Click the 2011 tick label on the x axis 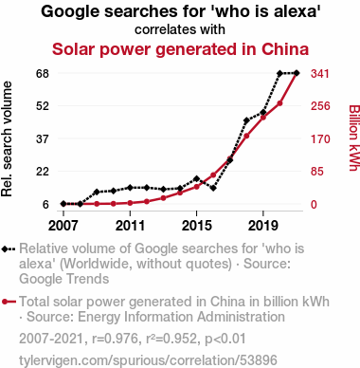[130, 226]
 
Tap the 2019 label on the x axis [263, 226]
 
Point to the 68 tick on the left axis [43, 74]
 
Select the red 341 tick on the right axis [320, 74]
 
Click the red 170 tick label [320, 139]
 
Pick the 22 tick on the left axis [43, 172]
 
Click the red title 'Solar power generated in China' [180, 49]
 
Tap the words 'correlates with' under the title [180, 29]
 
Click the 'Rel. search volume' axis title [7, 139]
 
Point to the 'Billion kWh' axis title [354, 138]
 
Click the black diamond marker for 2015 [196, 179]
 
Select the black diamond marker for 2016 [213, 188]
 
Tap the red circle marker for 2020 [279, 103]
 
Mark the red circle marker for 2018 [246, 136]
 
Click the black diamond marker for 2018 [246, 120]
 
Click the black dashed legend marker [9, 248]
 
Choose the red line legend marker [9, 302]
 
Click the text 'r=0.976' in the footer [115, 339]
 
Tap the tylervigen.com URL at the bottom [148, 360]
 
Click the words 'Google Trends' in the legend [64, 279]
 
